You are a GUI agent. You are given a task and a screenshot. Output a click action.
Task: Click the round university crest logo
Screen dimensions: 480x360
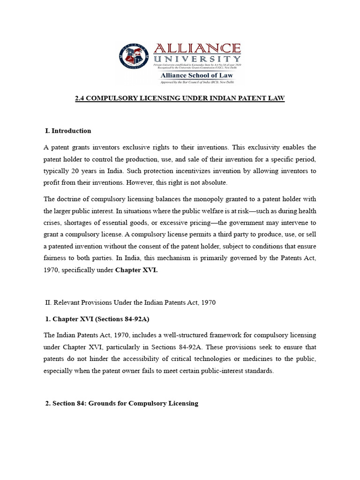(136, 57)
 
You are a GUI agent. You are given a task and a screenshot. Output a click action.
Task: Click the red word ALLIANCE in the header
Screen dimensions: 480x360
(197, 48)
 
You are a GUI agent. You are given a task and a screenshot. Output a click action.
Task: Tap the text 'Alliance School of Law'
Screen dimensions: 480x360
(196, 75)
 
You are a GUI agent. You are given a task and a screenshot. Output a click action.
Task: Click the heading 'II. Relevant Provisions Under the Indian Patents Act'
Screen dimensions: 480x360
(130, 302)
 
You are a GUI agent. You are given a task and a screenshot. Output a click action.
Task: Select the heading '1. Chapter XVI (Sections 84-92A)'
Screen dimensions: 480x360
(97, 319)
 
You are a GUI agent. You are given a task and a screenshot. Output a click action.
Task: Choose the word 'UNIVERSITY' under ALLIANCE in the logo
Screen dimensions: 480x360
(197, 59)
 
